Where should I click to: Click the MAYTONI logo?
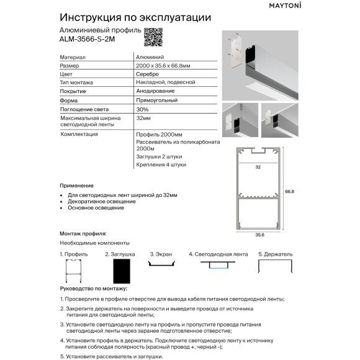tap(320, 7)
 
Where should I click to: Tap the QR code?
tap(152, 36)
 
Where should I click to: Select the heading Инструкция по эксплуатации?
tap(135, 17)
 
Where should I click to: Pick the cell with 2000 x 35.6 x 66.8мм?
tap(163, 65)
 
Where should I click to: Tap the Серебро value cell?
tap(146, 74)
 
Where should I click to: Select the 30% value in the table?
tap(142, 109)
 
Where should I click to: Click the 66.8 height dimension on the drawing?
tap(288, 191)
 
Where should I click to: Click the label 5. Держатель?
tap(275, 254)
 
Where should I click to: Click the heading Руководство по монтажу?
tap(93, 289)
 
